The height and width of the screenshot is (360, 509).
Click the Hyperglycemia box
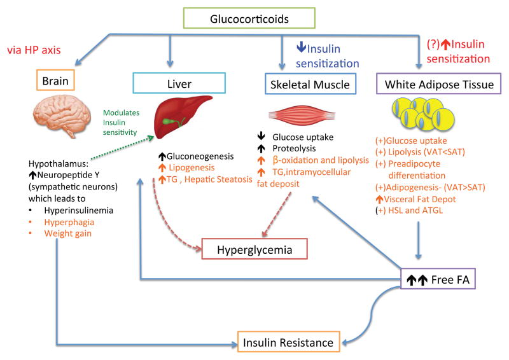pos(254,249)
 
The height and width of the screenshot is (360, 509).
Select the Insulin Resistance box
pos(288,343)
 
